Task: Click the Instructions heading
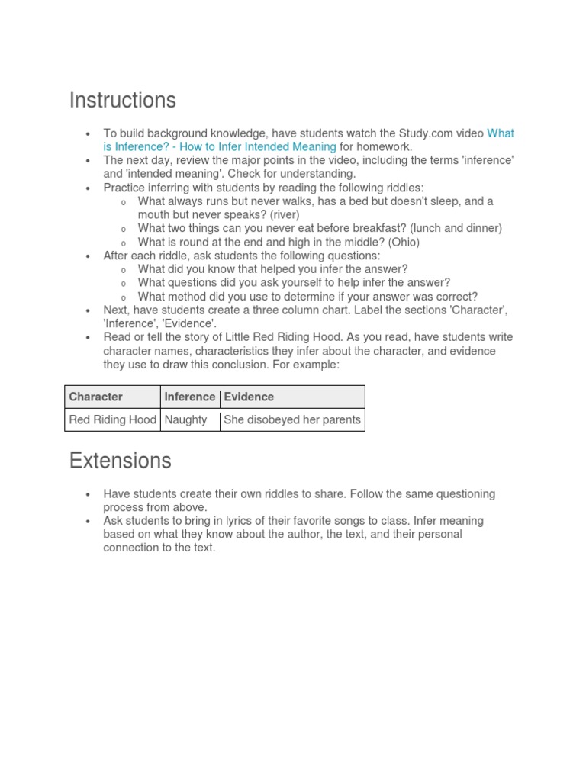pyautogui.click(x=122, y=100)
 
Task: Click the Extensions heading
pyautogui.click(x=120, y=461)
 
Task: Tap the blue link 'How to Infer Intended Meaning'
pyautogui.click(x=258, y=146)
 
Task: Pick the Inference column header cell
pyautogui.click(x=190, y=397)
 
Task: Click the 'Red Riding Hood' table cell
pyautogui.click(x=113, y=419)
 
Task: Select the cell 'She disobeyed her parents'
pyautogui.click(x=292, y=419)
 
